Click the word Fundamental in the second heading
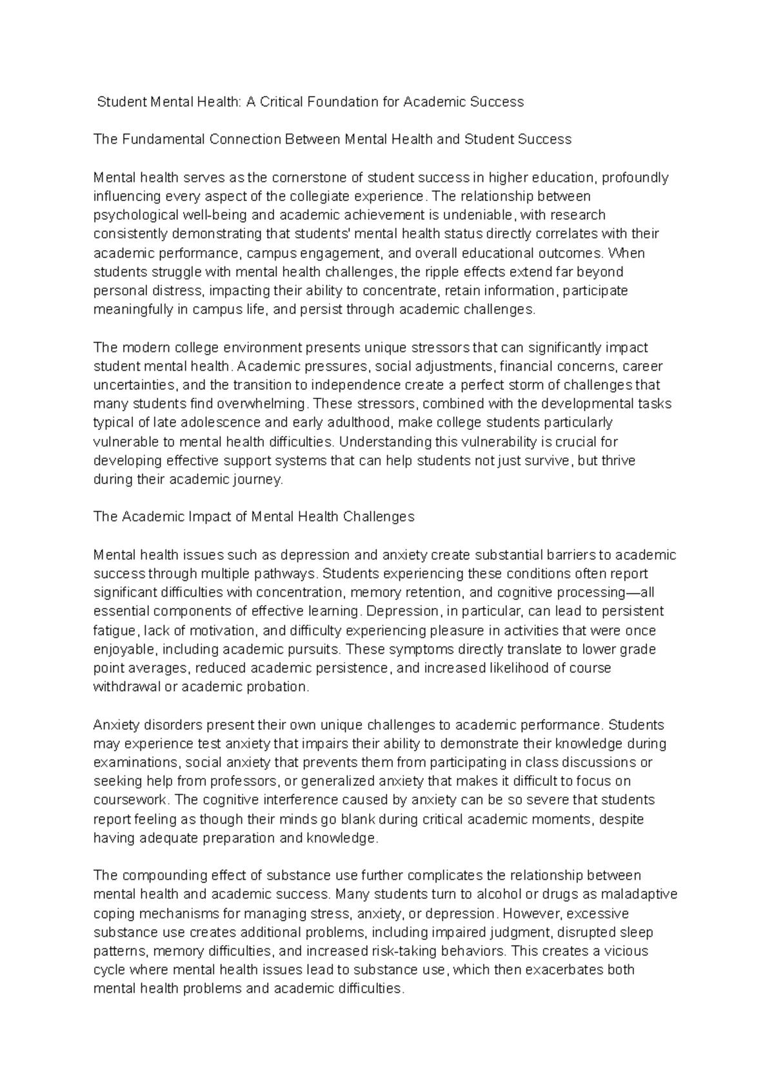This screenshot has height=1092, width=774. [x=159, y=139]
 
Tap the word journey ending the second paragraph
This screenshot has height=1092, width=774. [x=259, y=480]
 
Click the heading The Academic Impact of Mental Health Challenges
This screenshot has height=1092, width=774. [x=253, y=517]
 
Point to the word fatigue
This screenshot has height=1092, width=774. [x=115, y=630]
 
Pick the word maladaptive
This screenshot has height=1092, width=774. [x=639, y=895]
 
